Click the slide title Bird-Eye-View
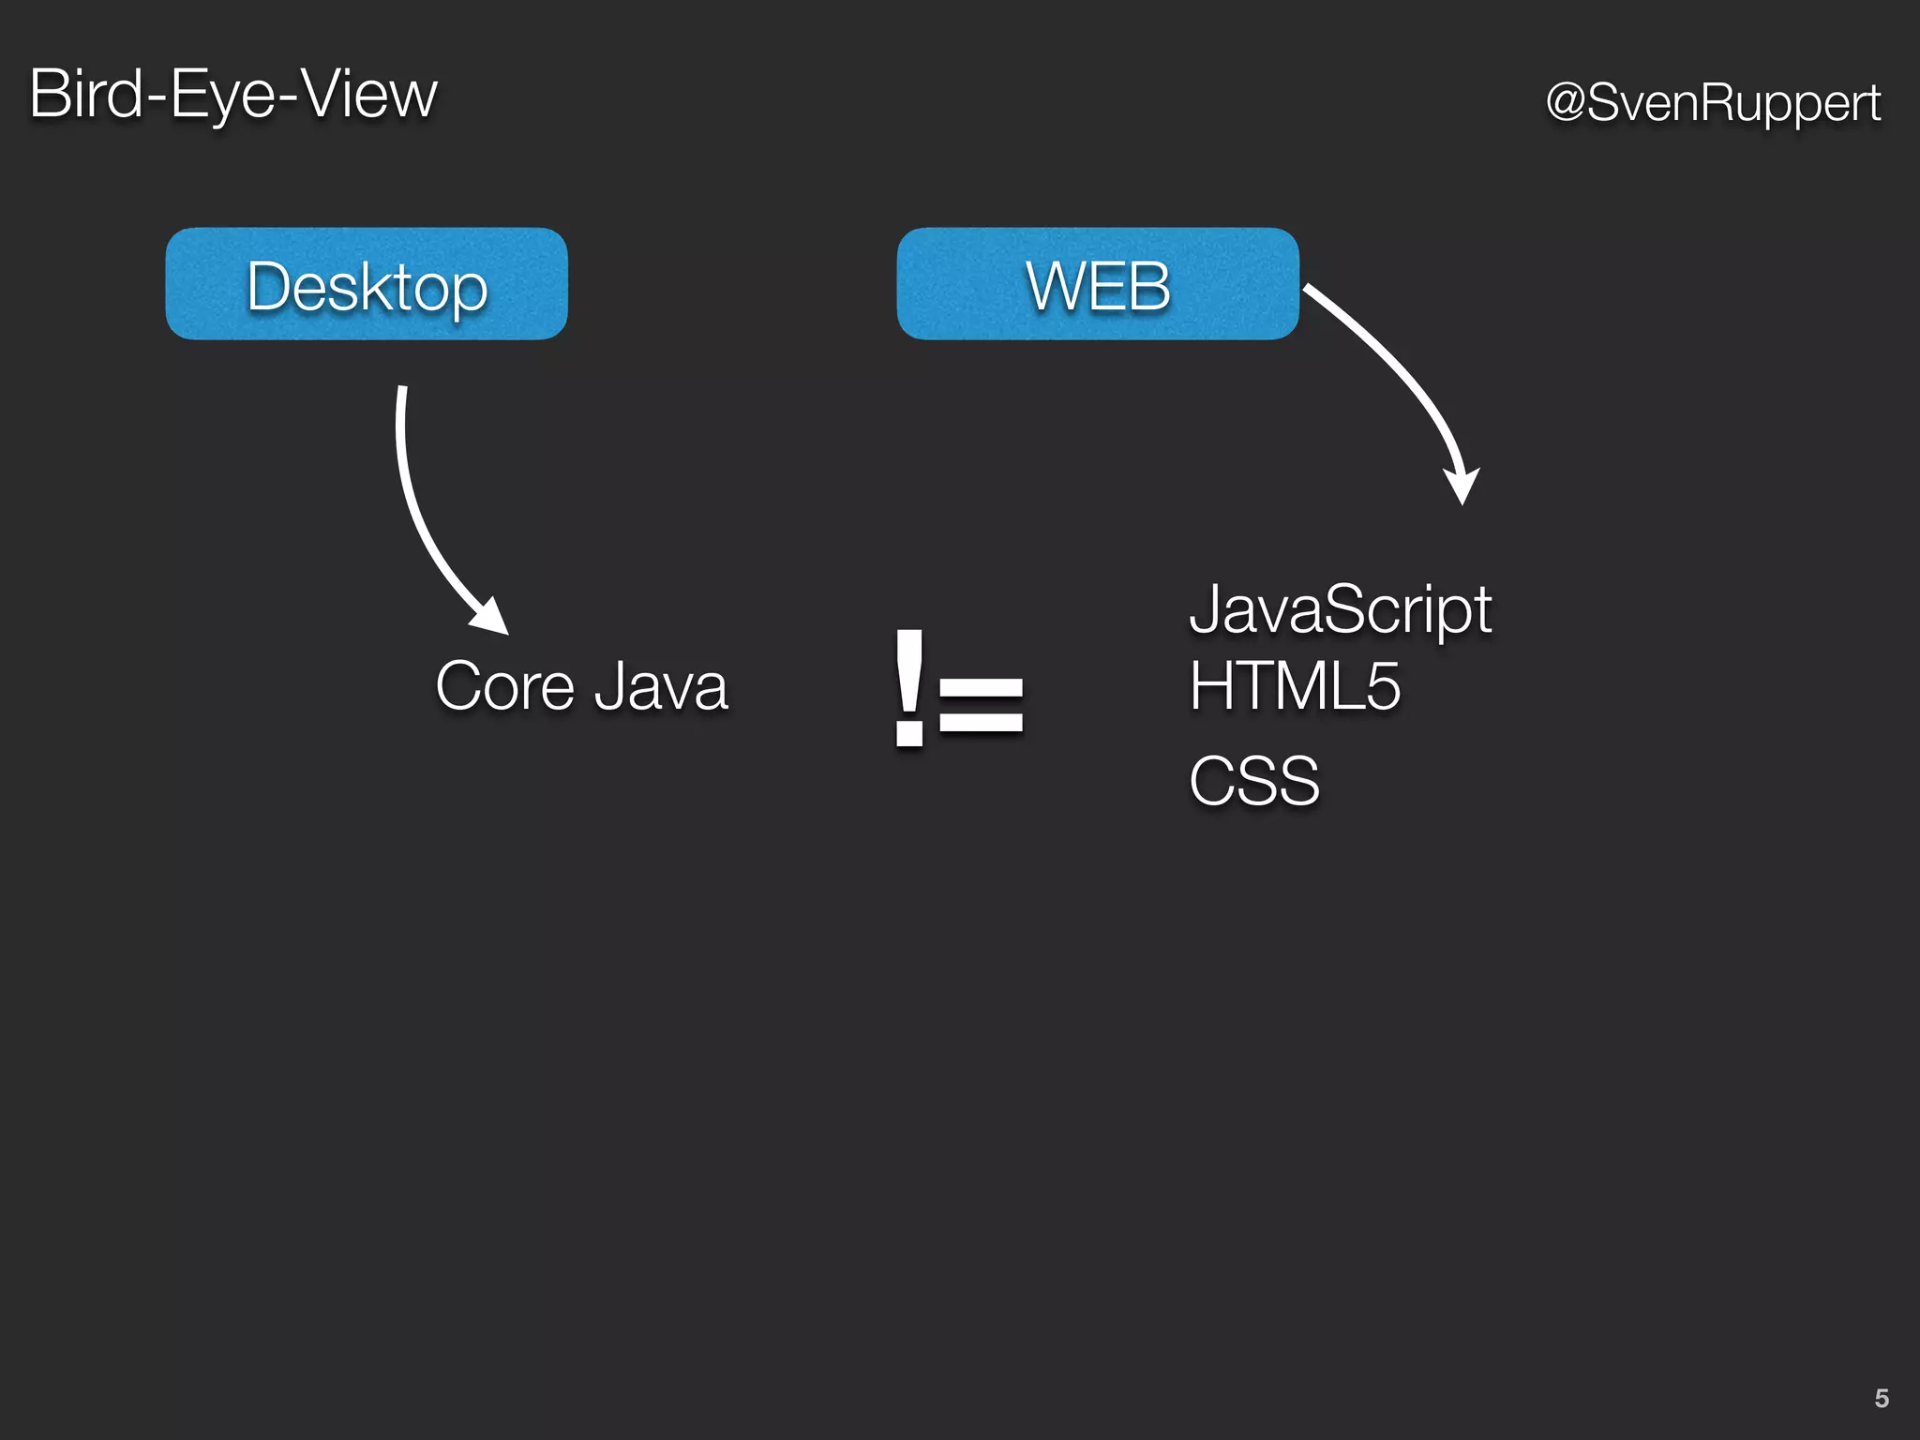point(233,95)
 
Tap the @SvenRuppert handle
point(1713,102)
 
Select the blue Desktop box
point(367,284)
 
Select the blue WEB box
point(1098,284)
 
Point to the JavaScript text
point(1340,610)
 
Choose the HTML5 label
point(1295,686)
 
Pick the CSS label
point(1253,781)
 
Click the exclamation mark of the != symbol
point(909,689)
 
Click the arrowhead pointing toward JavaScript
point(1462,486)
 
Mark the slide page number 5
point(1881,1399)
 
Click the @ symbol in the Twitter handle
point(1565,102)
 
